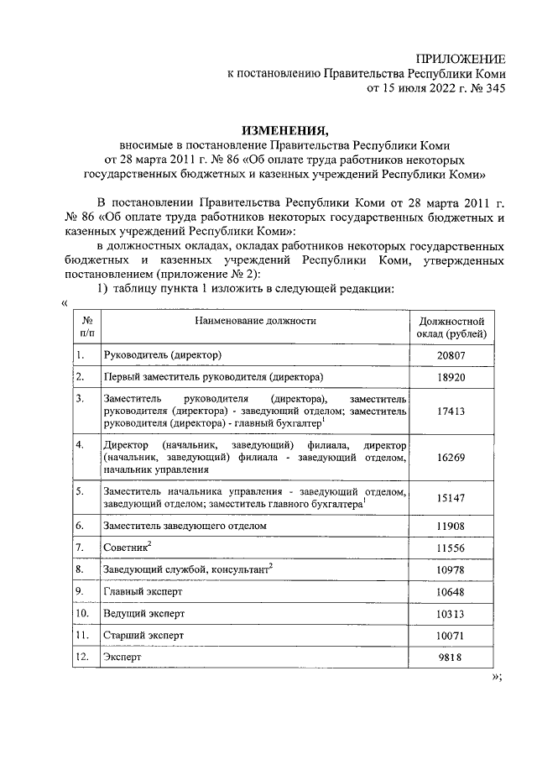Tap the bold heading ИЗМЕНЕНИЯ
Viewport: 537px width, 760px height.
tap(282, 130)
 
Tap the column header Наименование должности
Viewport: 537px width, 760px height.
tap(255, 321)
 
